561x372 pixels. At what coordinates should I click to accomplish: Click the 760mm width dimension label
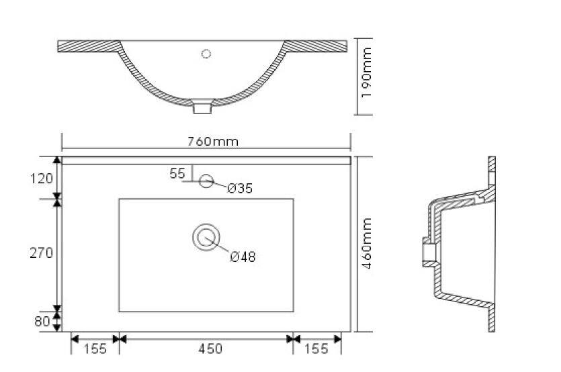[213, 142]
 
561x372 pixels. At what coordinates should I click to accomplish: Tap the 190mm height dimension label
[367, 73]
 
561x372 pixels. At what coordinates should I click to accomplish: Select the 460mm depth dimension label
[367, 243]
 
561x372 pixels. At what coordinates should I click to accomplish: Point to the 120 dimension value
[41, 179]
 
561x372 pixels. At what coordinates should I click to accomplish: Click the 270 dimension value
[41, 253]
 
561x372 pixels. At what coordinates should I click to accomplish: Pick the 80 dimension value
[42, 321]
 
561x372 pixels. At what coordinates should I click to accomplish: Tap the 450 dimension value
[210, 348]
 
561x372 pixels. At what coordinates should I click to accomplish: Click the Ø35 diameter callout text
[240, 188]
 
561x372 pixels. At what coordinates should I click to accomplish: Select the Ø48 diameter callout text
[243, 257]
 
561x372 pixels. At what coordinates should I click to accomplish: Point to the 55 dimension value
[177, 173]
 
